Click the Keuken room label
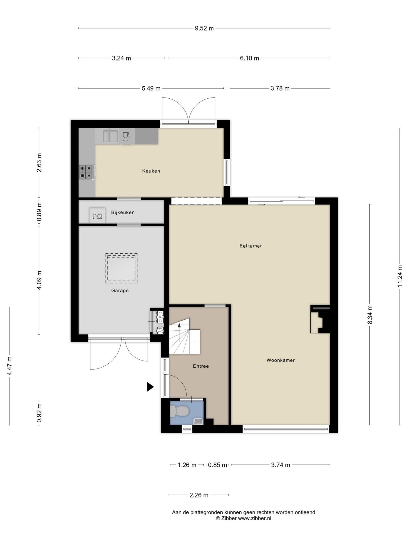pyautogui.click(x=151, y=171)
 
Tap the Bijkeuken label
pyautogui.click(x=123, y=212)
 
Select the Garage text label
pyautogui.click(x=120, y=291)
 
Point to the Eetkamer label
pyautogui.click(x=251, y=246)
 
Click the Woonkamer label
pyautogui.click(x=281, y=360)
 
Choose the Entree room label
pyautogui.click(x=201, y=366)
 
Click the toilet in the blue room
pyautogui.click(x=179, y=411)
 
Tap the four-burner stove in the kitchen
pyautogui.click(x=87, y=172)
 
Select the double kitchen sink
pyautogui.click(x=111, y=136)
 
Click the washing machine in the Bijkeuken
pyautogui.click(x=97, y=215)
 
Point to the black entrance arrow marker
pyautogui.click(x=150, y=387)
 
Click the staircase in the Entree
pyautogui.click(x=185, y=336)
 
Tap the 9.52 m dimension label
pyautogui.click(x=204, y=28)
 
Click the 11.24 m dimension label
pyautogui.click(x=399, y=276)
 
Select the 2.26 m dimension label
pyautogui.click(x=199, y=495)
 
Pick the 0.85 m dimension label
pyautogui.click(x=218, y=465)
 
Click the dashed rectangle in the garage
pyautogui.click(x=121, y=268)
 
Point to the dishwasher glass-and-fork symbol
pyautogui.click(x=126, y=136)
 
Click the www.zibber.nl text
pyautogui.click(x=255, y=518)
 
